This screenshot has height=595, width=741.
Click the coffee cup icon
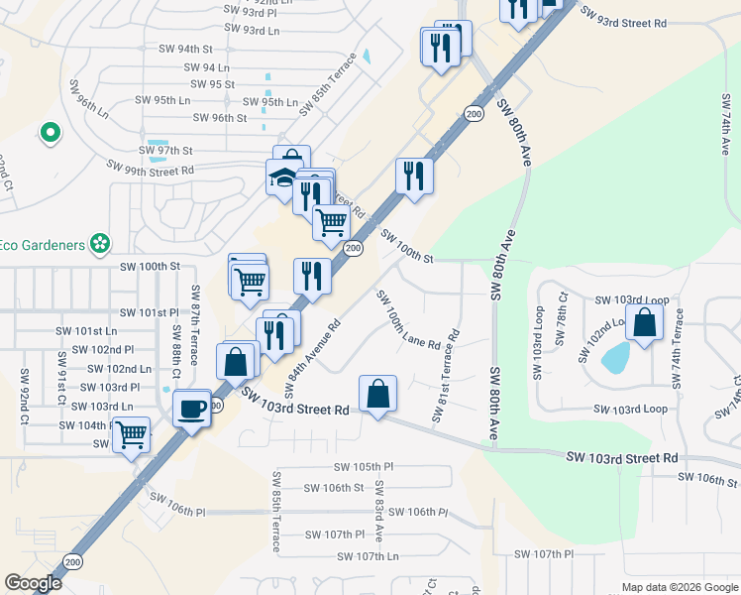[x=191, y=407]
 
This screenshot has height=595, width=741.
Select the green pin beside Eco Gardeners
[x=99, y=243]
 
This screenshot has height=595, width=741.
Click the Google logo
[x=33, y=583]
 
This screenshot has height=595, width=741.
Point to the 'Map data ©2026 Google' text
[x=679, y=587]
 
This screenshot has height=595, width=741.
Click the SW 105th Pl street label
[x=364, y=466]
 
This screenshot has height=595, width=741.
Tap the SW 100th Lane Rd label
[x=407, y=320]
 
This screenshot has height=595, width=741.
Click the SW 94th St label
[x=185, y=48]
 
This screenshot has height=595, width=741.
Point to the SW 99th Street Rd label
[x=152, y=171]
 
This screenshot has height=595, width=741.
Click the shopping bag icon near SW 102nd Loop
[x=644, y=322]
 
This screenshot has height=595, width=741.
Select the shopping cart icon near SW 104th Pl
[x=131, y=434]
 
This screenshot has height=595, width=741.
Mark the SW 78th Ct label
[x=563, y=317]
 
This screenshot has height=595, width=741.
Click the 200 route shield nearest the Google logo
[x=72, y=561]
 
